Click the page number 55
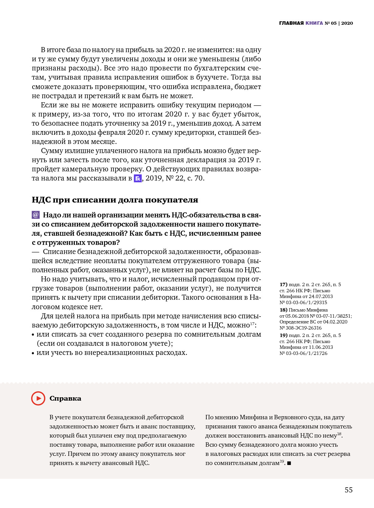(x=349, y=490)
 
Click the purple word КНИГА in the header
(x=314, y=23)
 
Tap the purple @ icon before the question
(x=36, y=215)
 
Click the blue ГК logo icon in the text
(x=138, y=178)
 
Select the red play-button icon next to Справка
(x=38, y=398)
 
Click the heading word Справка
(x=65, y=398)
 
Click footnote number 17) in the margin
(x=283, y=284)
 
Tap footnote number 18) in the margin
(x=283, y=310)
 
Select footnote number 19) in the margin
(x=283, y=335)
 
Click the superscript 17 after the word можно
(x=252, y=324)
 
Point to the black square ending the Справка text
(x=289, y=463)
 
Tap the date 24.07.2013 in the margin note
(x=320, y=296)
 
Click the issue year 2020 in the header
(x=347, y=23)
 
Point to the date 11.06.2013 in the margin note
(x=320, y=347)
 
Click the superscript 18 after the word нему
(x=339, y=434)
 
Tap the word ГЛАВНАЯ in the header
(x=291, y=23)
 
